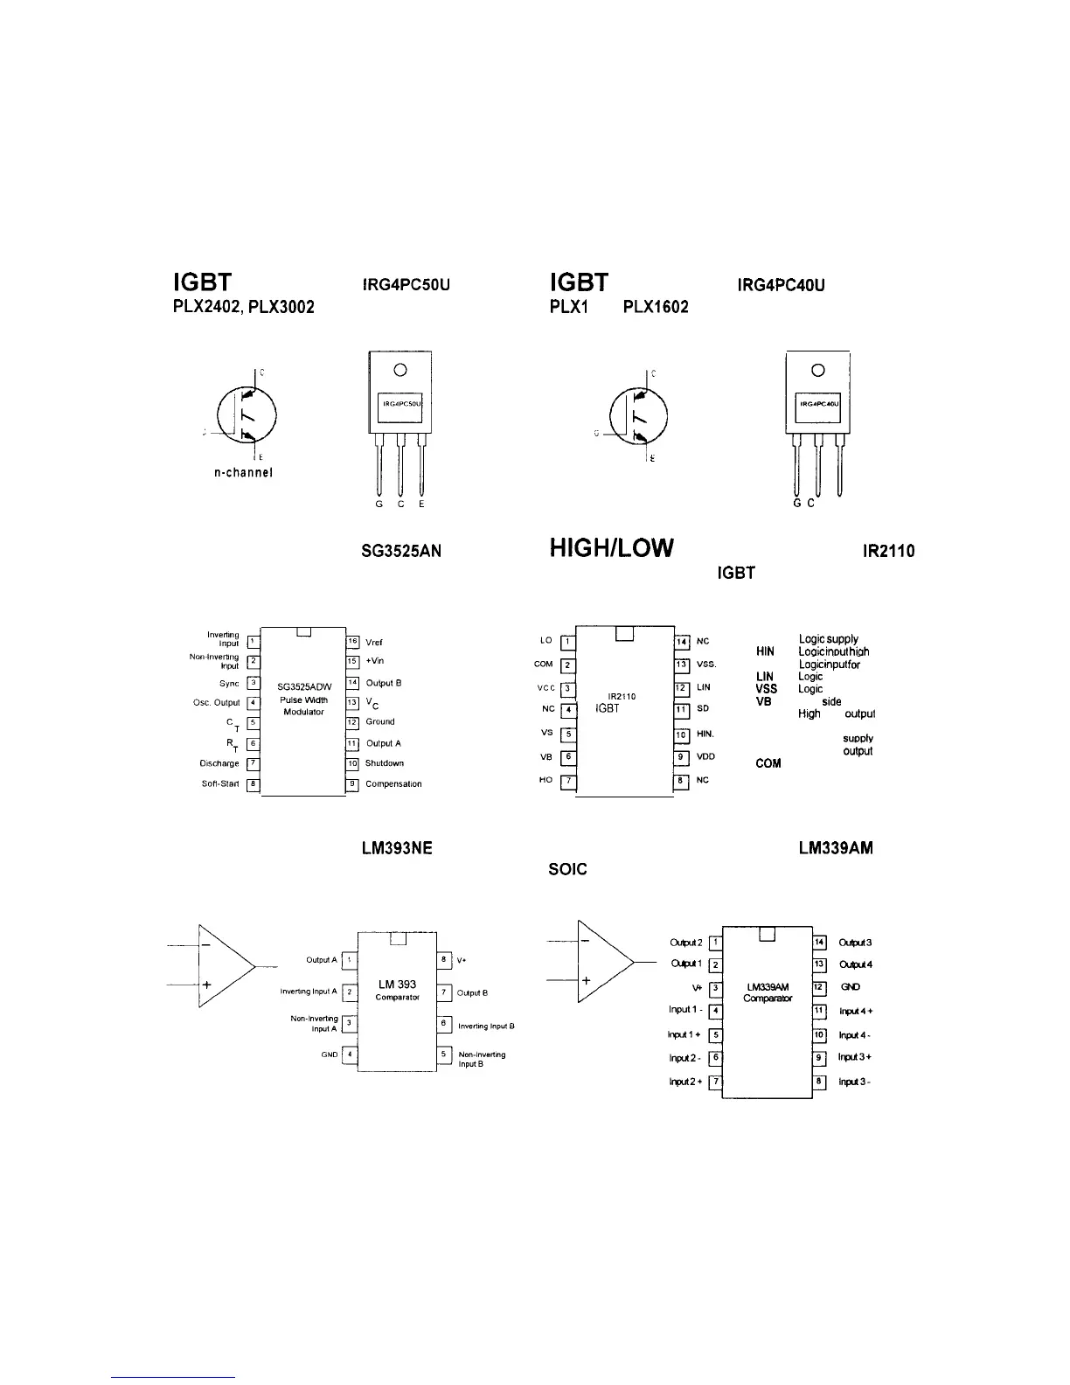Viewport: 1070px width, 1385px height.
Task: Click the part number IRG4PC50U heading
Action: click(405, 285)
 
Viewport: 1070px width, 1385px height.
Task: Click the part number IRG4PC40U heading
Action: click(782, 285)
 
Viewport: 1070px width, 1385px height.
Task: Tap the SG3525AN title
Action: click(401, 552)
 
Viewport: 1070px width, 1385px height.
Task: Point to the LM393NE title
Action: click(396, 848)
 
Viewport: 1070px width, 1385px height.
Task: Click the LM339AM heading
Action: click(836, 848)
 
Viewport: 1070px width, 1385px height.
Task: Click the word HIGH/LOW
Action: click(612, 548)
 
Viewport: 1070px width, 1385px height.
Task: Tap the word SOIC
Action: click(568, 870)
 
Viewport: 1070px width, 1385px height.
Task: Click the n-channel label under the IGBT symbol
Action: click(244, 473)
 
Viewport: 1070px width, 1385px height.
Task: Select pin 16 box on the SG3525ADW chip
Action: click(353, 642)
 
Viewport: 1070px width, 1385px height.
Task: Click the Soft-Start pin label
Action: click(220, 784)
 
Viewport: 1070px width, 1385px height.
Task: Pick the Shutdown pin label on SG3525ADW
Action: click(385, 763)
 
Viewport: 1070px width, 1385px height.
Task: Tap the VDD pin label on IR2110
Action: click(706, 756)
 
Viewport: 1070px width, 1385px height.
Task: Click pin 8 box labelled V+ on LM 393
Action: click(444, 960)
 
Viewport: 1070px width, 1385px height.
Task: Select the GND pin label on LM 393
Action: click(330, 1054)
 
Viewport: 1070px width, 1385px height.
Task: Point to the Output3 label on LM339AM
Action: click(855, 943)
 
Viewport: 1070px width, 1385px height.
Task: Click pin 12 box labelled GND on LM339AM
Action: click(820, 987)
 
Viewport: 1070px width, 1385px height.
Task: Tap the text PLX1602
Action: click(655, 308)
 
